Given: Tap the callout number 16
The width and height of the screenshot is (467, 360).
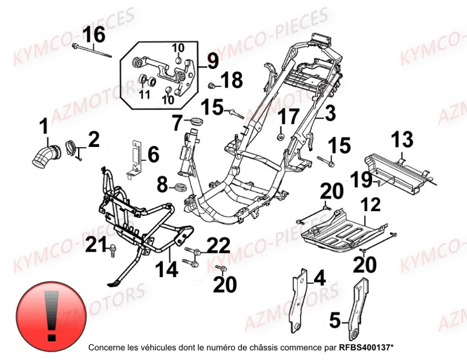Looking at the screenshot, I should pyautogui.click(x=94, y=36).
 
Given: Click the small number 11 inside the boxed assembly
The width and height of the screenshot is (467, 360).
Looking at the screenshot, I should pyautogui.click(x=144, y=94).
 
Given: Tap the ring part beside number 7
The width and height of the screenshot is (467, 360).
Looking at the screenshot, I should pyautogui.click(x=194, y=124).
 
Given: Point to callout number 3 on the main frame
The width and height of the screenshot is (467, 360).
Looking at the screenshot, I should pyautogui.click(x=330, y=113).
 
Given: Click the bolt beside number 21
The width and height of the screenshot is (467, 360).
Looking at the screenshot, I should pyautogui.click(x=113, y=248).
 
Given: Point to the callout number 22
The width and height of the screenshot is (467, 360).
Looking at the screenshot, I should pyautogui.click(x=218, y=245).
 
